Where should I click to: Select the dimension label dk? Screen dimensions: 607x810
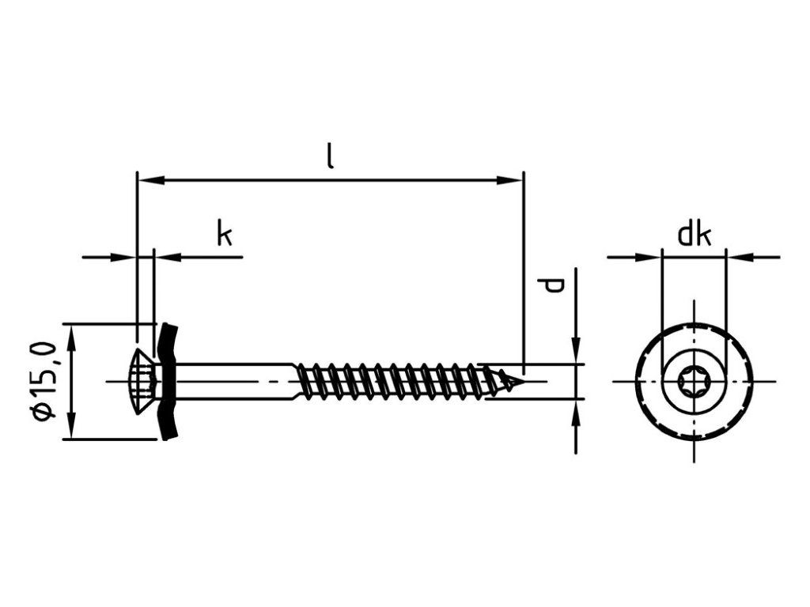pos(694,235)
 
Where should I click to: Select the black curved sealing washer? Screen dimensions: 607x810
pos(167,381)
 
